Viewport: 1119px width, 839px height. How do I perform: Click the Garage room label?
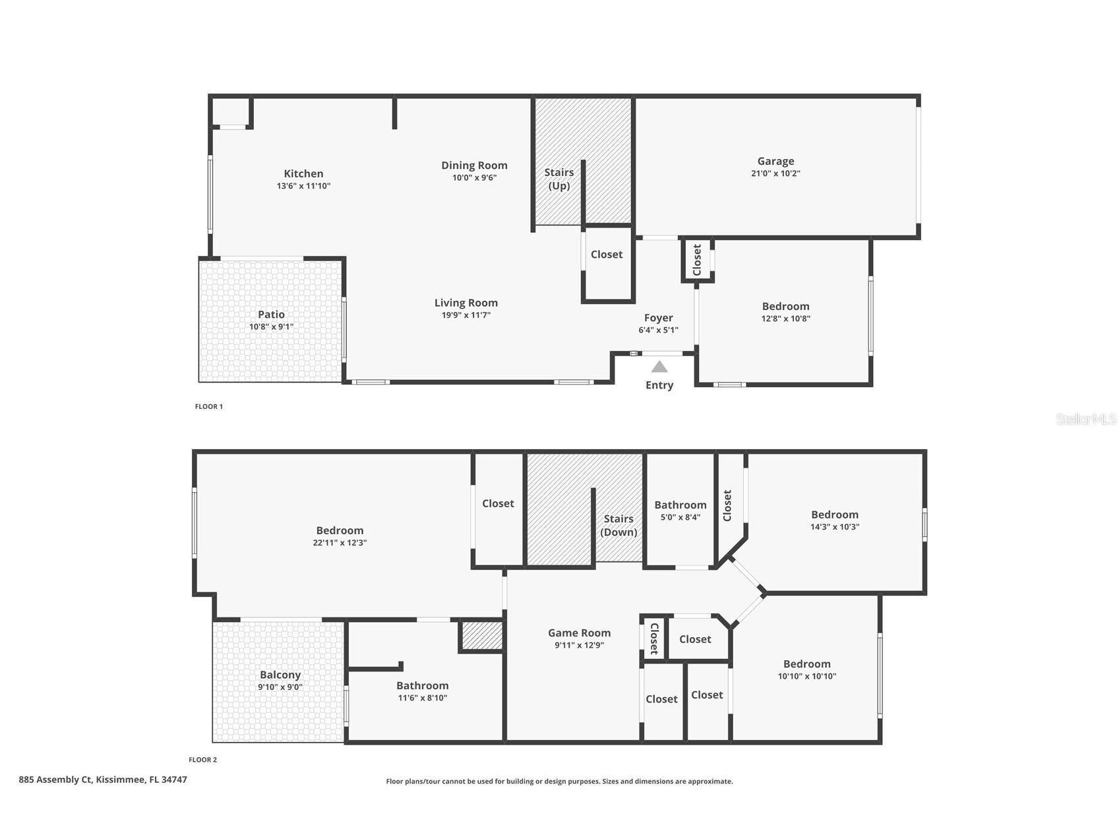click(775, 161)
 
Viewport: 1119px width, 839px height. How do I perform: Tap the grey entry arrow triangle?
click(659, 367)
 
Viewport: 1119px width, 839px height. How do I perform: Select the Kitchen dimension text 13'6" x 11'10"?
click(303, 186)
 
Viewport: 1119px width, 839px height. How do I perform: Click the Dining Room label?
click(474, 166)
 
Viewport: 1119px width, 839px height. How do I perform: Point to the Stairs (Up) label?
click(559, 179)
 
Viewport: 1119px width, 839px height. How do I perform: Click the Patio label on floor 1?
click(271, 315)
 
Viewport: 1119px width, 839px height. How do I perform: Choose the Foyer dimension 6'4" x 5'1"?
click(658, 330)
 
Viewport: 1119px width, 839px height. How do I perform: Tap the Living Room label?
click(466, 303)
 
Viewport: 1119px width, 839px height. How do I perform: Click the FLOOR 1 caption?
click(208, 406)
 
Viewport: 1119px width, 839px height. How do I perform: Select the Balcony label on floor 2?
click(280, 675)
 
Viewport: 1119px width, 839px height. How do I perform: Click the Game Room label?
click(579, 633)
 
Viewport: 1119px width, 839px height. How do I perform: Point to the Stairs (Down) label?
click(619, 525)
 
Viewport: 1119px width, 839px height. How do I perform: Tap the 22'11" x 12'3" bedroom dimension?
click(340, 543)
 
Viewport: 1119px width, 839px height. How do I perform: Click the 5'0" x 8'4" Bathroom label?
click(680, 505)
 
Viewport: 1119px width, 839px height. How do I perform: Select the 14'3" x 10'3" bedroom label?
click(834, 514)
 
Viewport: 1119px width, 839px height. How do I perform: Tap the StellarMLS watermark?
click(1085, 419)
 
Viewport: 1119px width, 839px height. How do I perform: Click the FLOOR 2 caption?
click(202, 759)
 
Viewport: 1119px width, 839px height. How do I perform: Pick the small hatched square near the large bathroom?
click(481, 636)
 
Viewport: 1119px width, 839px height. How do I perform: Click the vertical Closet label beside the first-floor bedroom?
click(697, 260)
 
